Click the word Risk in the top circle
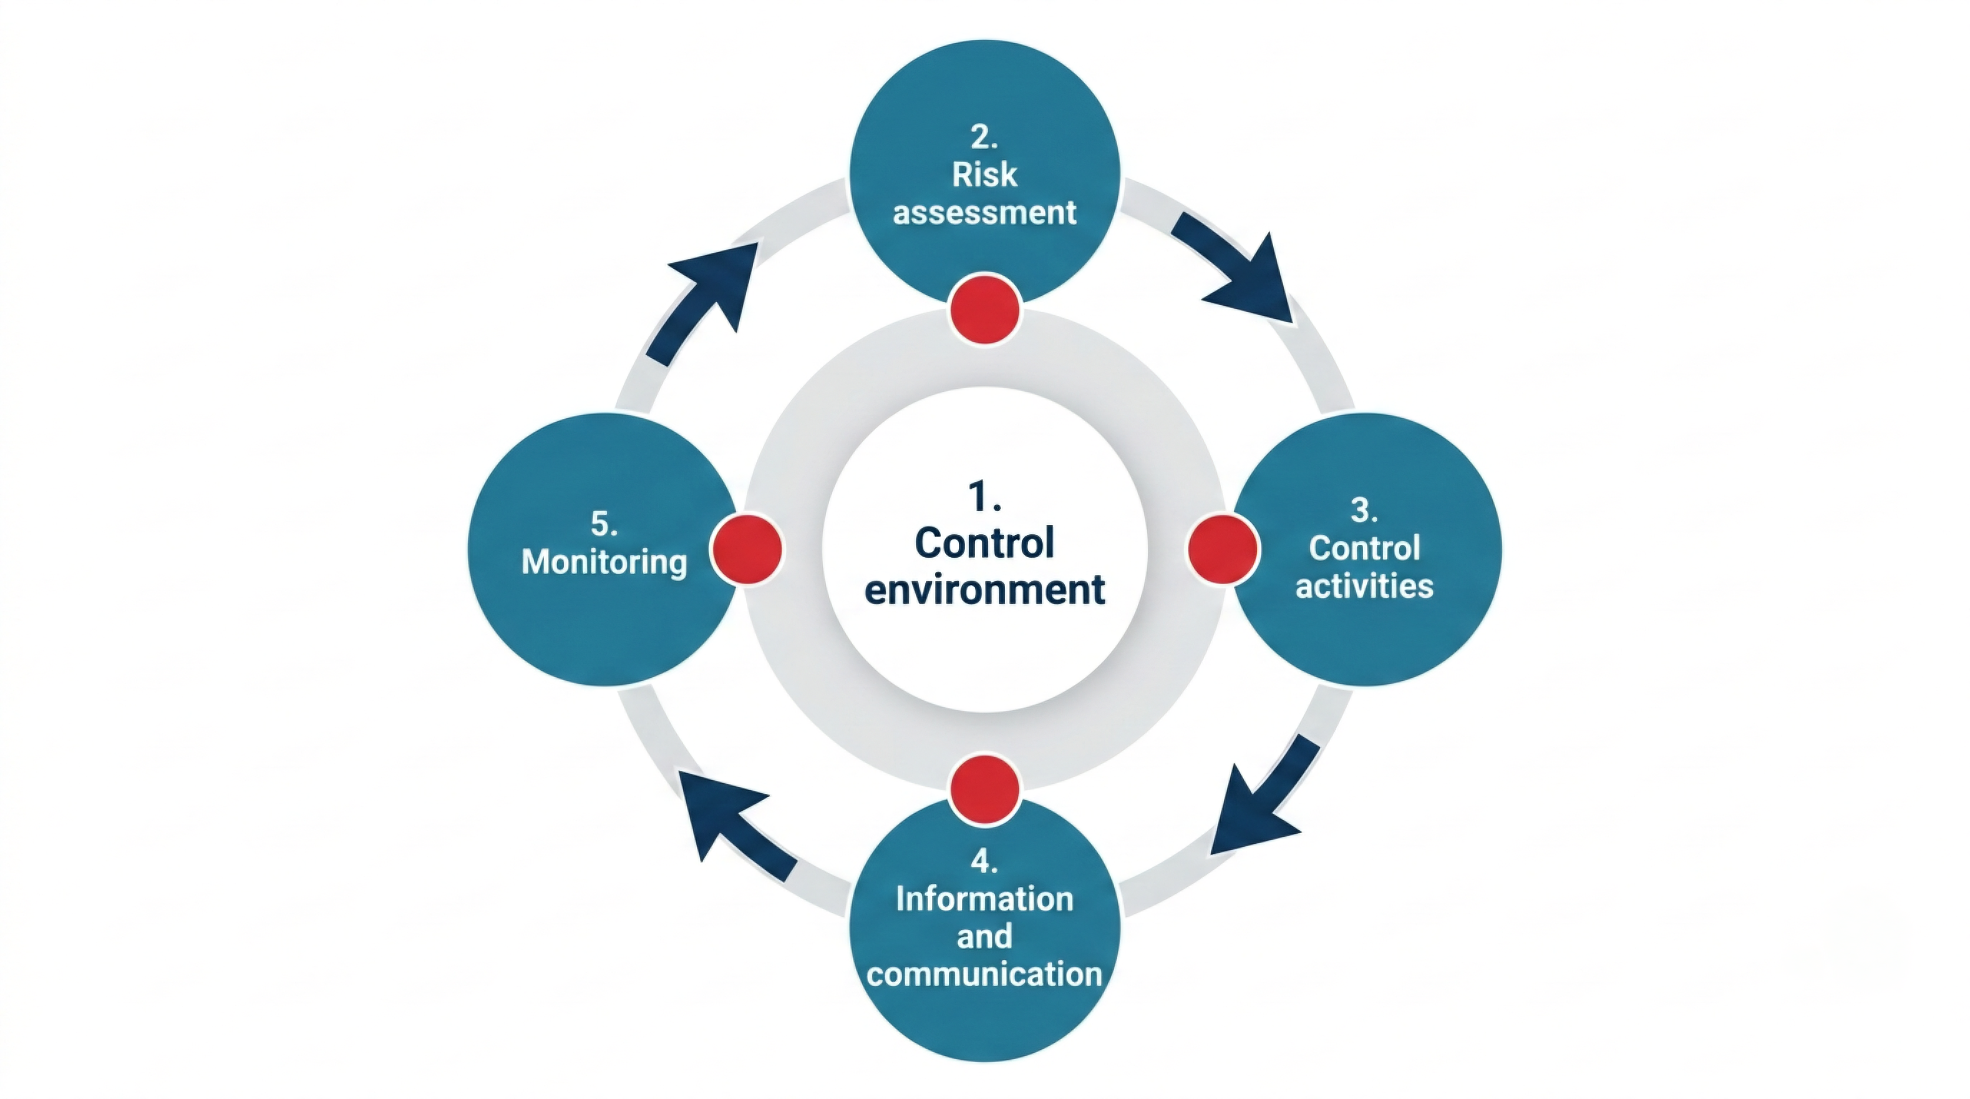click(984, 175)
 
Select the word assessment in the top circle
click(984, 212)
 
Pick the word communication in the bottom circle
click(984, 974)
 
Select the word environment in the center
click(984, 589)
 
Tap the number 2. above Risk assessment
click(984, 137)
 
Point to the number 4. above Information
click(984, 861)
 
